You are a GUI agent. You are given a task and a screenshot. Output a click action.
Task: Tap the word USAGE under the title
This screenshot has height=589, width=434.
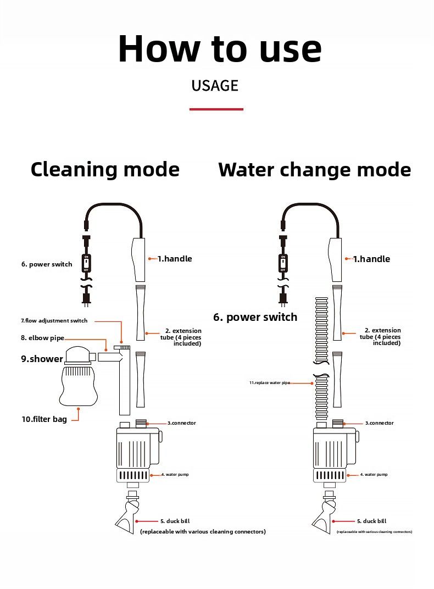click(215, 86)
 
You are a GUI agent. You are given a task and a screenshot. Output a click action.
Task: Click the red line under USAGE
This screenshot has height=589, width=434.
click(216, 109)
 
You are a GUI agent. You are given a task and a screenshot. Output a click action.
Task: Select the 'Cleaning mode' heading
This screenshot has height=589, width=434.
click(105, 169)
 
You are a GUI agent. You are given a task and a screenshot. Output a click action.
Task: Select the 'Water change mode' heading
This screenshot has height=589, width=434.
click(314, 170)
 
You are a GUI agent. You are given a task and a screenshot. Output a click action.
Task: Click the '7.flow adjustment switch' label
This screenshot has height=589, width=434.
click(54, 321)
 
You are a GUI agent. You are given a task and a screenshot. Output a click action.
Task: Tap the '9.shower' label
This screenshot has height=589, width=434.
click(42, 359)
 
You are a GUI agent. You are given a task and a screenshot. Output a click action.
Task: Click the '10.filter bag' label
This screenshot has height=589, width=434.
click(44, 419)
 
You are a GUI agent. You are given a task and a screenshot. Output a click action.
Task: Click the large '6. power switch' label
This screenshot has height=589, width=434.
click(255, 317)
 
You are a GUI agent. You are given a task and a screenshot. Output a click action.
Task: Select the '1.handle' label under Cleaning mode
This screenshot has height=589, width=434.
click(175, 259)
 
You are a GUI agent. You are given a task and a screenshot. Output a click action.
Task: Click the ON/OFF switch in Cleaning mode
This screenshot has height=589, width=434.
click(86, 263)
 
